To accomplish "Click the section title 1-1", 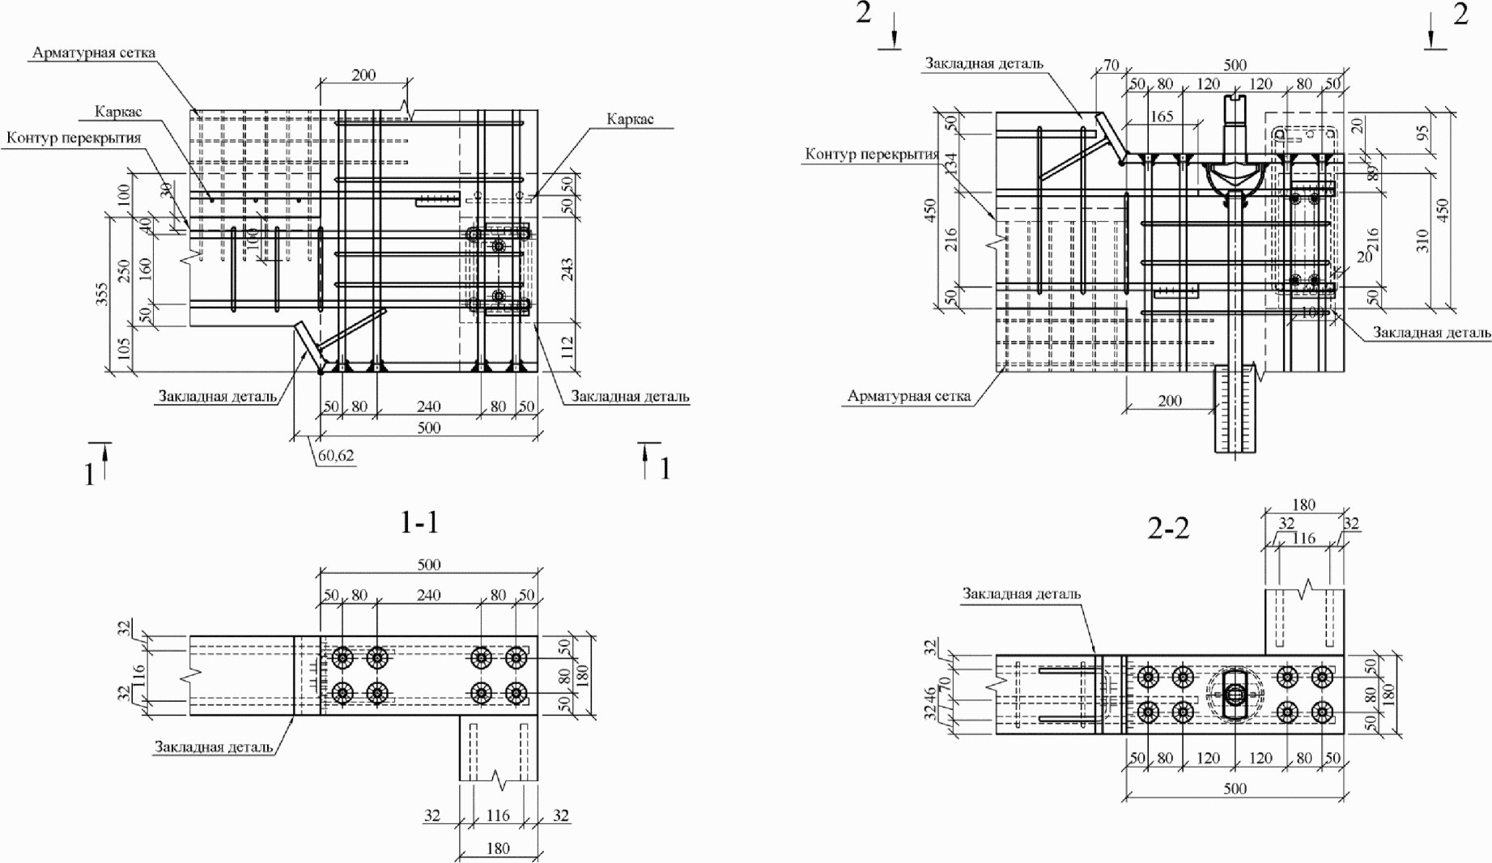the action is pos(419,522).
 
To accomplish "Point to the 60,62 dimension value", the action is pos(335,456).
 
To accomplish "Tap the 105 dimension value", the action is pos(123,348).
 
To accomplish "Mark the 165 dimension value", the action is pos(1161,117).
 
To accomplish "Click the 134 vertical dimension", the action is pos(951,164).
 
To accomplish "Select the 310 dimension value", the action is pos(1422,240).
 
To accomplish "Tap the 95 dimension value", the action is pos(1422,130).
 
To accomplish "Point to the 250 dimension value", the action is pos(125,269).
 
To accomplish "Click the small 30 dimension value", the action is pos(166,190).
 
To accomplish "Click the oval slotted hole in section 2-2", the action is pos(1235,695).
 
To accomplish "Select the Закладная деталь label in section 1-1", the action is pos(214,746).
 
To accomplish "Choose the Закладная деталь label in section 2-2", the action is pos(1022,593).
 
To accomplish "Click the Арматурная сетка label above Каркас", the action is pos(94,53).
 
